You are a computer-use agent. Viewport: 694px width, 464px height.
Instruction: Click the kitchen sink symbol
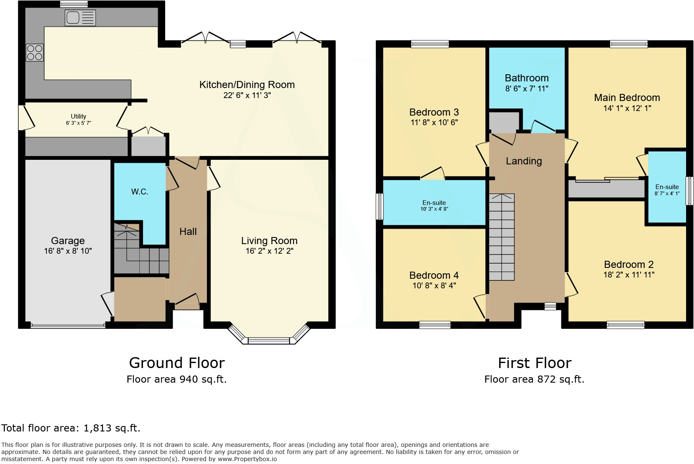[x=80, y=18]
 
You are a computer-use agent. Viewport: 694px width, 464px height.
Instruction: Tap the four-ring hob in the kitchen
[x=35, y=52]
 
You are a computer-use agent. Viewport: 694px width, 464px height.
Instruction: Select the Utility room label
[x=78, y=116]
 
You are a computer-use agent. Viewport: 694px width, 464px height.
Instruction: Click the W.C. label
[x=140, y=192]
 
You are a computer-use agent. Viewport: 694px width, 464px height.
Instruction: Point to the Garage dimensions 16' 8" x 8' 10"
[x=68, y=251]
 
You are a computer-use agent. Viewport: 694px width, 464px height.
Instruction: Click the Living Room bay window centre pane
[x=269, y=341]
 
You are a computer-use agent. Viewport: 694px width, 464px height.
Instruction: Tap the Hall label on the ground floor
[x=188, y=232]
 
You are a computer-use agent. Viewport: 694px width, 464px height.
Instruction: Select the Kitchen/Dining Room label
[x=247, y=85]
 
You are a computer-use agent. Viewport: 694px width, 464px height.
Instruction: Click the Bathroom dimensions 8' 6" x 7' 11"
[x=526, y=88]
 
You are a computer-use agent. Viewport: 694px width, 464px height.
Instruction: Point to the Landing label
[x=524, y=161]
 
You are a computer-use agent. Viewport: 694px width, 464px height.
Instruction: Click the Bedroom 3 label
[x=434, y=112]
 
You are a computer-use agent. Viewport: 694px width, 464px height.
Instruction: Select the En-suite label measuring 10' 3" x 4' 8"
[x=434, y=203]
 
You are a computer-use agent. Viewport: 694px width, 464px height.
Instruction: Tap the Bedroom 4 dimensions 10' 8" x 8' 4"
[x=434, y=286]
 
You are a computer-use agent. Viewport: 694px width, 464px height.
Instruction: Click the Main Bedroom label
[x=627, y=98]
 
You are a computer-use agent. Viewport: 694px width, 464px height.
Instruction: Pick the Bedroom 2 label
[x=629, y=265]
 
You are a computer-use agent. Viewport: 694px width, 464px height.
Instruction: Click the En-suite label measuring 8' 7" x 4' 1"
[x=667, y=187]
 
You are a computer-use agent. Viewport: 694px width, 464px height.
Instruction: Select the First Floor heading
[x=534, y=363]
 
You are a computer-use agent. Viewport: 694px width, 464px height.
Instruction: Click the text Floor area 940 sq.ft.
[x=176, y=379]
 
